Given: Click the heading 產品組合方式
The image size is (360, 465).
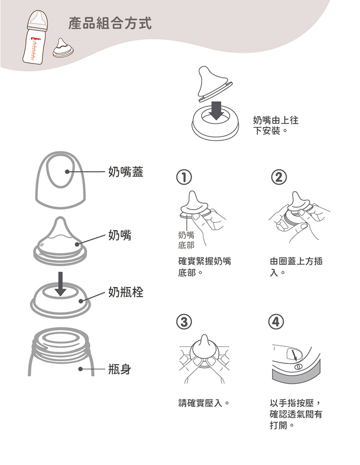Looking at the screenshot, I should [110, 23].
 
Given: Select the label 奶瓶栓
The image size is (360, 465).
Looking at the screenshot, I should [125, 292].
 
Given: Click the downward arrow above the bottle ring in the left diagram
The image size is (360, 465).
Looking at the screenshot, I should [60, 283].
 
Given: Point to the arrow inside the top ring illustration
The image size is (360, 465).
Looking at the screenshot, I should [217, 110].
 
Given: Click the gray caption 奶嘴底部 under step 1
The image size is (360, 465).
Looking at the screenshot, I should [186, 240].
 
